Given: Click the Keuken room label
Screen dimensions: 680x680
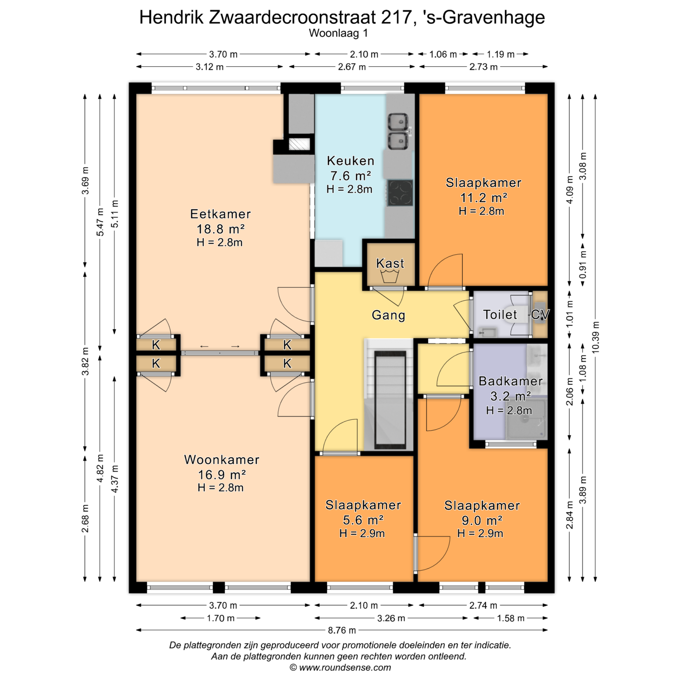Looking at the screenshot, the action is (x=350, y=161).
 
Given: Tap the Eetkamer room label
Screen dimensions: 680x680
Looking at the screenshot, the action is (x=220, y=214).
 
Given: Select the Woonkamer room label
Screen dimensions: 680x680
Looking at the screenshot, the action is (x=222, y=460).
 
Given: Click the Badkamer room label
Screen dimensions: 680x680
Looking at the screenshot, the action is (x=510, y=381).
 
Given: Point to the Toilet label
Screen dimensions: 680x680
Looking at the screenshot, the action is (x=500, y=314).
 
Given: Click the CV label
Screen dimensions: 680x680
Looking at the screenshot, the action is (x=540, y=314).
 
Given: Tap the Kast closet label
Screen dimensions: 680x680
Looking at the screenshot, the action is (x=390, y=263).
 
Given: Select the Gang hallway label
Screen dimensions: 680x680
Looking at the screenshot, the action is (x=388, y=315).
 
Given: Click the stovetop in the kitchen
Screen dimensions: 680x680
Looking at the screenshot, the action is (x=400, y=193).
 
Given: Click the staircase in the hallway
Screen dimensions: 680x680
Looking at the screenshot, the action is (x=390, y=395).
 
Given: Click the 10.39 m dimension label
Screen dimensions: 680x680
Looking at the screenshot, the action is (x=595, y=337).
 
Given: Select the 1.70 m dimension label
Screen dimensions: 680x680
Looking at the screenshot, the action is (x=221, y=618).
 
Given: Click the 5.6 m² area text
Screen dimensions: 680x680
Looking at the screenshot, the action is (x=363, y=520).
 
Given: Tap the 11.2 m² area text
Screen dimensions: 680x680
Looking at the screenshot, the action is (x=483, y=197).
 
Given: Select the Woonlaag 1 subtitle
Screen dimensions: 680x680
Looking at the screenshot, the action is (x=338, y=33).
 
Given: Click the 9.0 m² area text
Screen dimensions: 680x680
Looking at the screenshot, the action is (x=482, y=520).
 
